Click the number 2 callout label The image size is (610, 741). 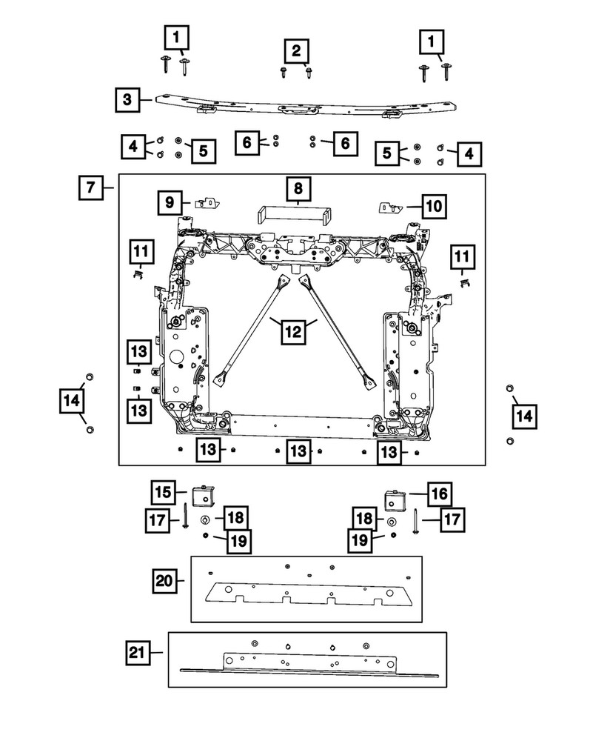click(x=296, y=51)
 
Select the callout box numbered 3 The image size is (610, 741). click(x=127, y=99)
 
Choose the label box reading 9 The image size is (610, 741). click(x=170, y=201)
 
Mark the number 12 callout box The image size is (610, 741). click(x=295, y=333)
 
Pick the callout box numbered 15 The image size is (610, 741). click(x=165, y=491)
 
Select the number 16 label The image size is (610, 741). click(x=438, y=493)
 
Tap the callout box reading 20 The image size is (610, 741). click(x=165, y=579)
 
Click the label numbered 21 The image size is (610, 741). click(x=137, y=653)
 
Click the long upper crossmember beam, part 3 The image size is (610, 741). click(x=296, y=105)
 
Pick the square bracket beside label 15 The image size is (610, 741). click(x=202, y=494)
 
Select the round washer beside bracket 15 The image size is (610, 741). click(x=205, y=518)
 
